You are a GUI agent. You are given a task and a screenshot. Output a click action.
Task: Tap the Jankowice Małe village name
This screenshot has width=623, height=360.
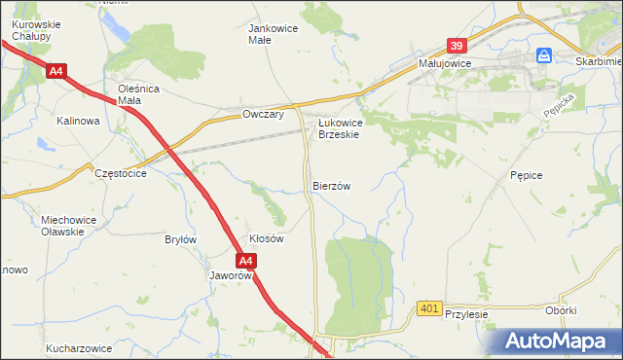[x=274, y=34]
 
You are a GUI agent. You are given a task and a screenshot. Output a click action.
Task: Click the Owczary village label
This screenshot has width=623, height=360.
[x=262, y=115]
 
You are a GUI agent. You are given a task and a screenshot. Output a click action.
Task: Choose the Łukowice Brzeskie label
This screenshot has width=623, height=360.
[x=340, y=128]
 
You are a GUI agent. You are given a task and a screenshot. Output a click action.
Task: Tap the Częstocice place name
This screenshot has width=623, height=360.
[x=121, y=172]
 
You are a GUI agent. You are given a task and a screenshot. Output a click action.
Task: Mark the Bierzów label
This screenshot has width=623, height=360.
[x=331, y=185]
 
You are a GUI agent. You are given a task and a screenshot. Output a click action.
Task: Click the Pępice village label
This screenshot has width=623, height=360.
[x=525, y=174]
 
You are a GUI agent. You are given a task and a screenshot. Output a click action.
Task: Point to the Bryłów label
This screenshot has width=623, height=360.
[x=181, y=239]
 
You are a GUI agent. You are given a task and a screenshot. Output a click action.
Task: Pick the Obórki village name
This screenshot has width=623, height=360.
[x=562, y=310]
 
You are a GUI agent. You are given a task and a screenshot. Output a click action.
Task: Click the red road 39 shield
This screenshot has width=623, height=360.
[x=458, y=45]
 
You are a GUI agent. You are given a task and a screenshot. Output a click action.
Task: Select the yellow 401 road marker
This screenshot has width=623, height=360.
[x=428, y=308]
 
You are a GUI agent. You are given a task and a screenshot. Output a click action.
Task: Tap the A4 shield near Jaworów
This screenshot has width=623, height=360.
[x=246, y=261]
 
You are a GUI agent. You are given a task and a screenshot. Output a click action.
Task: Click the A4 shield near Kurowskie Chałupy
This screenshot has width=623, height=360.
[x=55, y=70]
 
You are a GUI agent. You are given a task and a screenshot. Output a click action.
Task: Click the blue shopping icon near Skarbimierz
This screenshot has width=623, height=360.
[x=544, y=55]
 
